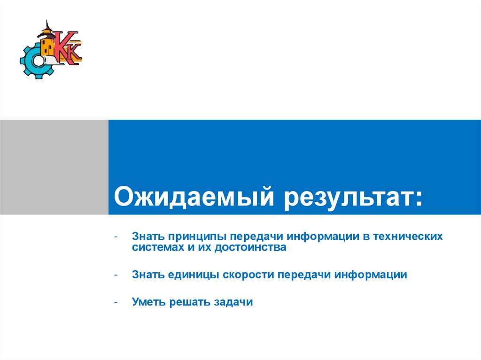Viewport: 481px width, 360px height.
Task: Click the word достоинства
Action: pyautogui.click(x=251, y=247)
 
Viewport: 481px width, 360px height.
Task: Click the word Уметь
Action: pyautogui.click(x=148, y=302)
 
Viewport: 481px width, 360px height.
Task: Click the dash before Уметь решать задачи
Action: pyautogui.click(x=116, y=302)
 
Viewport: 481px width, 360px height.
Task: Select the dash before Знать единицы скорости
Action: pyautogui.click(x=116, y=275)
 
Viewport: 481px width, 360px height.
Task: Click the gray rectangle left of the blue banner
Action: pyautogui.click(x=54, y=167)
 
